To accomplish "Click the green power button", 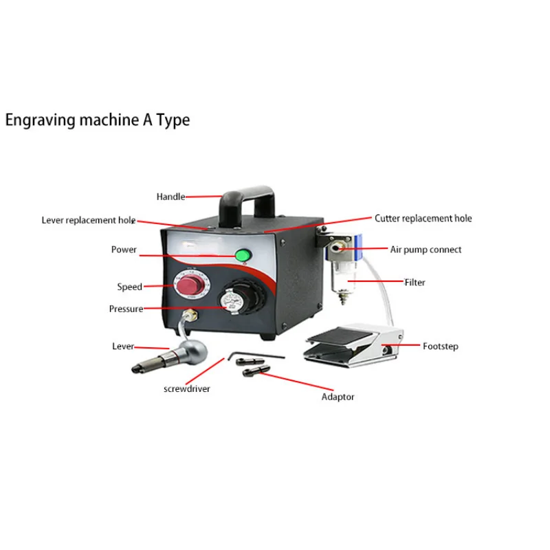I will (242, 256).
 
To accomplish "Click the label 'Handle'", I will (170, 197).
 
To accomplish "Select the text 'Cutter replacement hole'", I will (423, 219).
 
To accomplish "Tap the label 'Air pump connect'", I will (426, 250).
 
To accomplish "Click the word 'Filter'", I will (415, 282).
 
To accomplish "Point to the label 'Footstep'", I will (439, 346).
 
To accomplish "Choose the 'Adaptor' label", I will (338, 397).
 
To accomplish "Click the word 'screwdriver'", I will (186, 388).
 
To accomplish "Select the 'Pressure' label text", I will (126, 309).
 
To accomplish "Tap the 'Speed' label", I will (129, 287).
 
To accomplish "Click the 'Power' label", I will (124, 250).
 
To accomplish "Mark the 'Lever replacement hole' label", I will (88, 220).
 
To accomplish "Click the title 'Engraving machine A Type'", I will (97, 120).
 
